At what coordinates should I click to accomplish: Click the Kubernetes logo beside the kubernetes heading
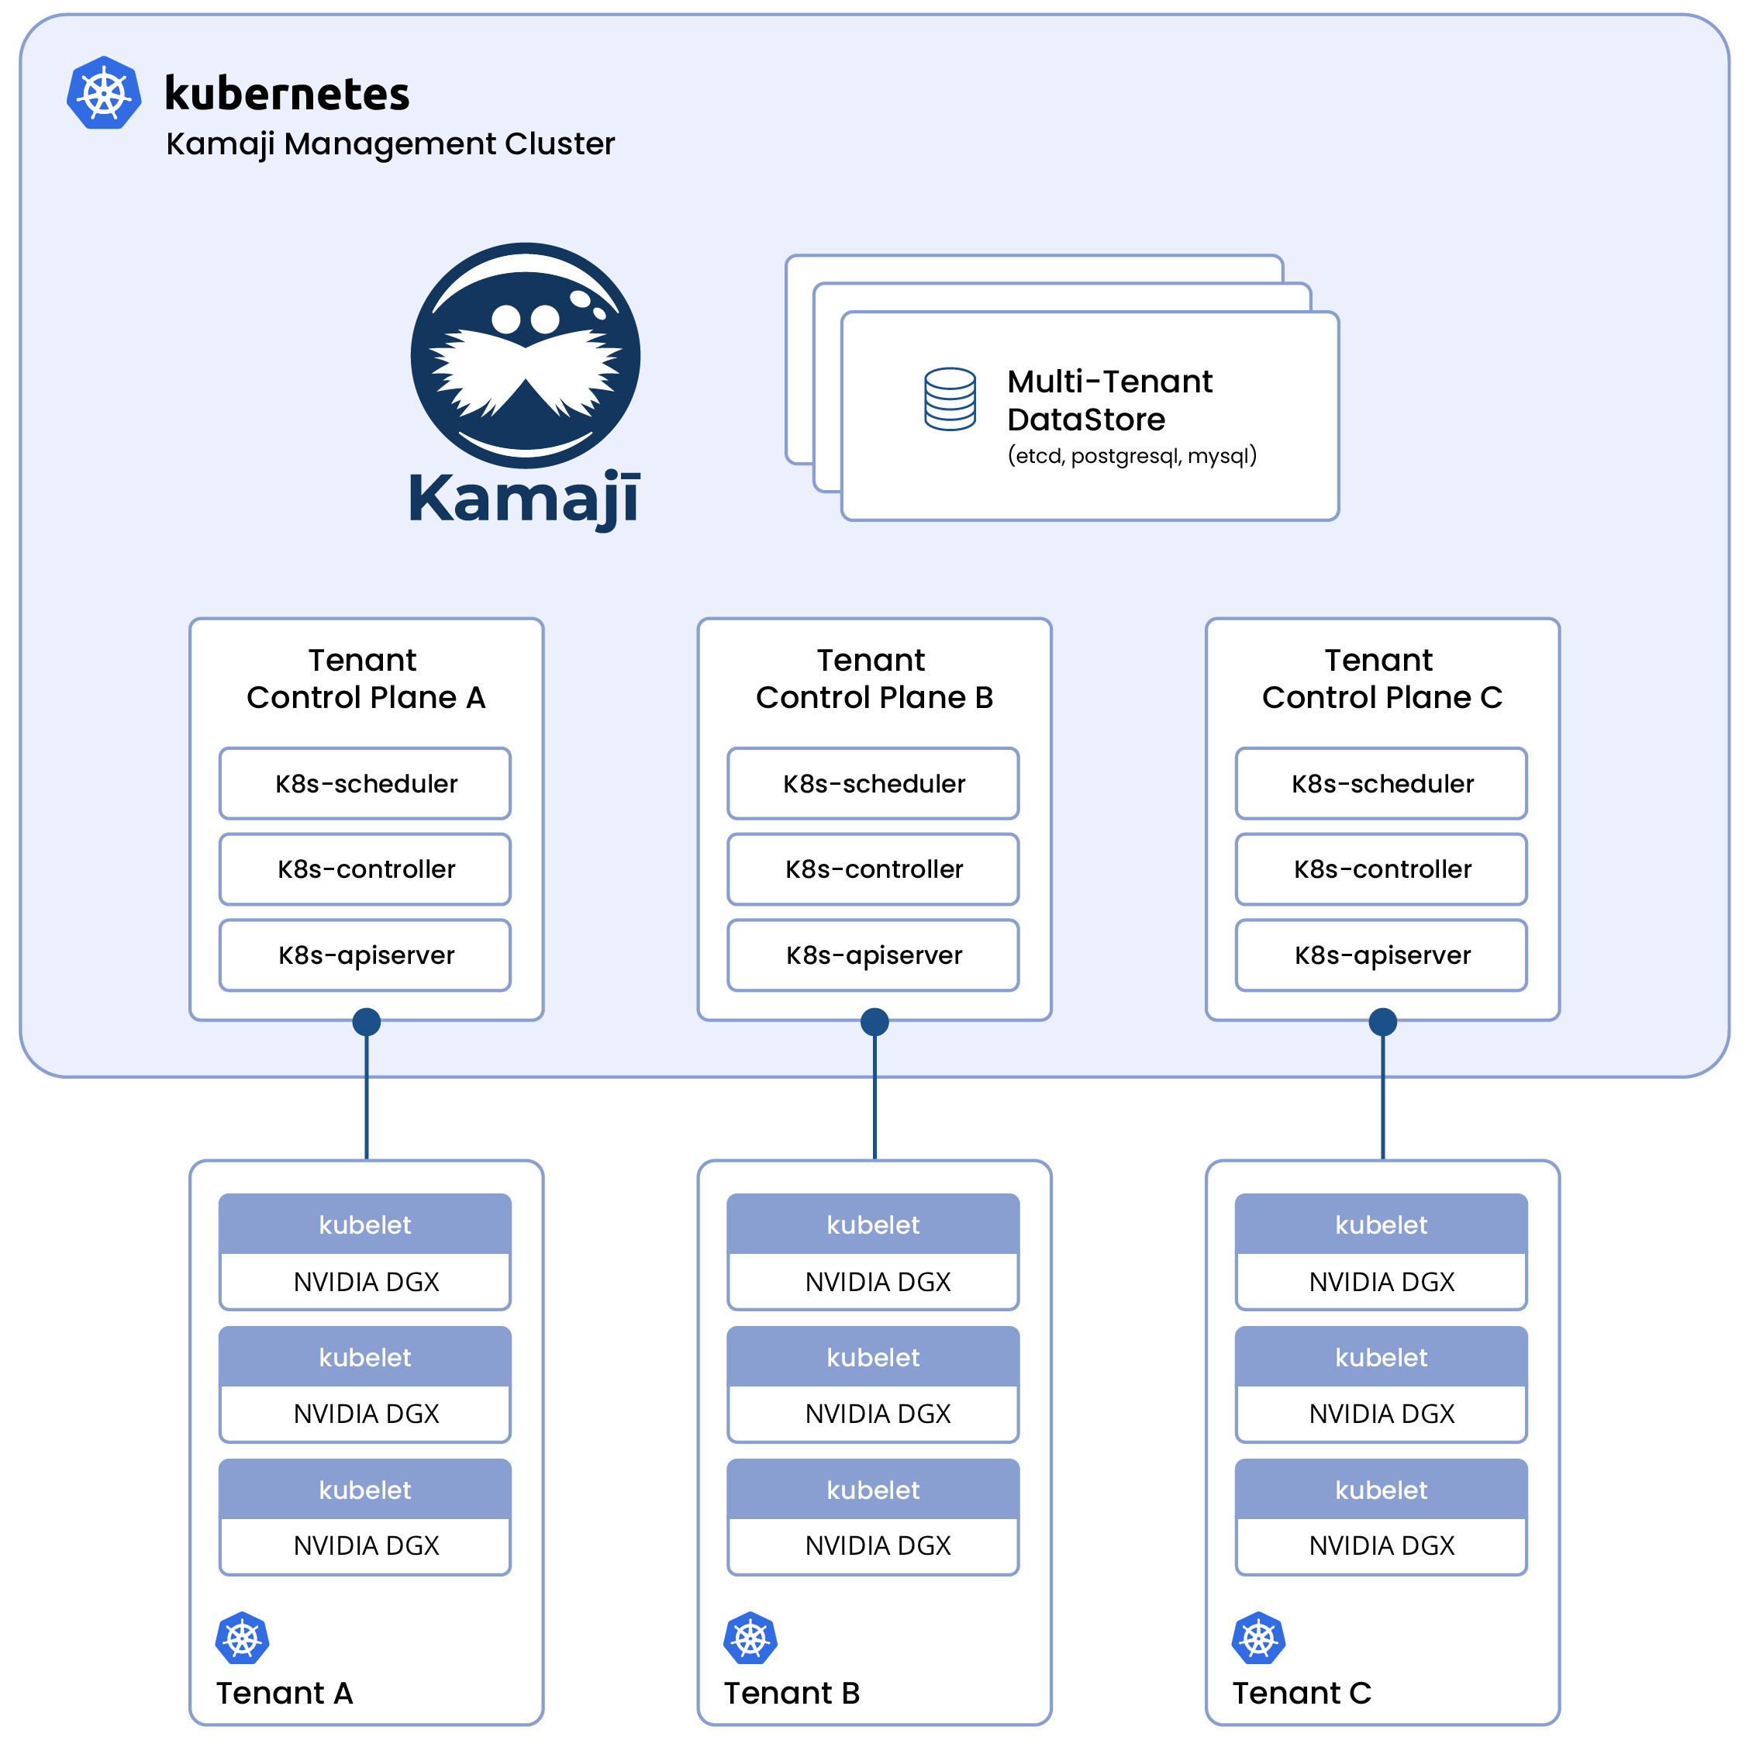pos(104,92)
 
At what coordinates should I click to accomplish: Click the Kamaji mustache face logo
pos(525,355)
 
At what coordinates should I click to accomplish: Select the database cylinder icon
pos(950,399)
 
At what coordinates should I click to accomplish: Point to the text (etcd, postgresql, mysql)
pos(1132,455)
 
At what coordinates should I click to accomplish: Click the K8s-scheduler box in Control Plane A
pos(365,783)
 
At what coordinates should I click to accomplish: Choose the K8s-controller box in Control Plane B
pos(873,869)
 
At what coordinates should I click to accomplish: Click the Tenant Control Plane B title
pos(873,679)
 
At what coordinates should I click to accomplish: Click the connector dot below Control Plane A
pos(366,1022)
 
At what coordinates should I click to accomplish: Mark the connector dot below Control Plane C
pos(1382,1022)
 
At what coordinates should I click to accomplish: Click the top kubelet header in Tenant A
pos(365,1225)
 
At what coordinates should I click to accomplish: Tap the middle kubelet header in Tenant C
pos(1381,1357)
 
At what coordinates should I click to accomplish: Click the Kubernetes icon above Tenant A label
pos(243,1638)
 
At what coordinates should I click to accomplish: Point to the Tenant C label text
pos(1301,1692)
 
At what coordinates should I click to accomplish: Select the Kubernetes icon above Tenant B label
pos(750,1638)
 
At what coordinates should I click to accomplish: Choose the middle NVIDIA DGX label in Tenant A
pos(366,1414)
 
